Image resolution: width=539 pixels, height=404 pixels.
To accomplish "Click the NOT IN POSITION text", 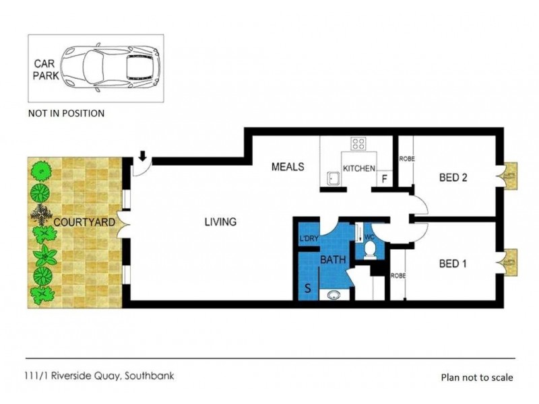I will click(66, 113).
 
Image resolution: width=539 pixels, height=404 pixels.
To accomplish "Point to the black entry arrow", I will click(143, 157).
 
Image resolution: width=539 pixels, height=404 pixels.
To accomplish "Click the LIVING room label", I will click(221, 222).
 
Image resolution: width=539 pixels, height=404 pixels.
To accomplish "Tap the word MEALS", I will click(288, 166).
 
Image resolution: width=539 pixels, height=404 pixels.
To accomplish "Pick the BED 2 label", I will click(453, 178).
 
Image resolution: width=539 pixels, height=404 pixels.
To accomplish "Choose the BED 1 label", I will click(453, 263).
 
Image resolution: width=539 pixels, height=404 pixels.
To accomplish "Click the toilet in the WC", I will click(369, 250).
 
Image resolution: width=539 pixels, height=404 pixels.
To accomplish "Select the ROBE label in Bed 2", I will click(406, 160).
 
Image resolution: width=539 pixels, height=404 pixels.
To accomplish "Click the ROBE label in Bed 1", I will click(397, 275).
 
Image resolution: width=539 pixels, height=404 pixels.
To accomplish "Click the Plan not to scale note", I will click(476, 378).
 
